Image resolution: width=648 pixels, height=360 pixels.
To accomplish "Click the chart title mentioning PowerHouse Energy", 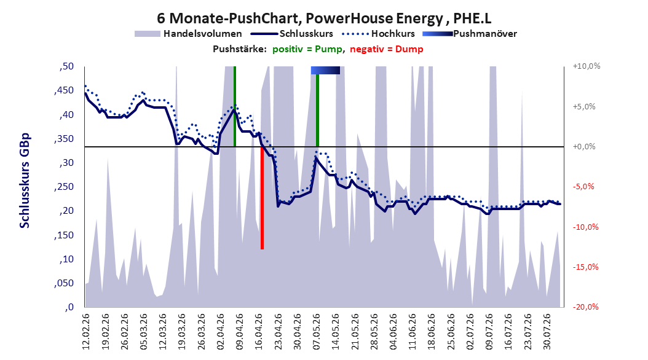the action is point(324,18).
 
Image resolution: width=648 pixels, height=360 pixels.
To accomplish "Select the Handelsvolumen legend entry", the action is point(189,34).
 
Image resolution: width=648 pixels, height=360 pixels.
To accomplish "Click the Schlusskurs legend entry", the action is point(292,34).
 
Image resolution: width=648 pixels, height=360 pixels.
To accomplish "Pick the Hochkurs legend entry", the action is point(378,34).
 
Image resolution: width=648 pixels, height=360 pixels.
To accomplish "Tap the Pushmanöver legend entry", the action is point(470,34).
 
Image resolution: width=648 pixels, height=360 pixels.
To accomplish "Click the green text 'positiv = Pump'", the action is point(307,49).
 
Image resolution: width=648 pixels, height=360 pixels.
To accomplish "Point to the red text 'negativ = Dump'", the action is point(387,49).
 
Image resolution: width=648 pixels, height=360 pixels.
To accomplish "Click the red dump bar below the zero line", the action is point(262,198).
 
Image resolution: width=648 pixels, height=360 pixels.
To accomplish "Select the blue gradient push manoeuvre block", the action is point(325,70).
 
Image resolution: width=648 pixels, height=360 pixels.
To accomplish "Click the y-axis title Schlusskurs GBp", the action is point(25,181).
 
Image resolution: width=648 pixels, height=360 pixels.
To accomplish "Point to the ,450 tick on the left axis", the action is point(64,90).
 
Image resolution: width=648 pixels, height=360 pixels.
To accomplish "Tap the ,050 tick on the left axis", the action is point(64,283).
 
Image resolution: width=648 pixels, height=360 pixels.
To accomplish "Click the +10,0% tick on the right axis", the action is point(587,66).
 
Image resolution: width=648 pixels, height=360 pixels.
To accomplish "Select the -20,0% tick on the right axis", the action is point(585,307).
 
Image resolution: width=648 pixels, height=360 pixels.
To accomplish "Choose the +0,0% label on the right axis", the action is point(584,147).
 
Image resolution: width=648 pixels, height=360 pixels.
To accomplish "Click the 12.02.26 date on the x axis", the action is point(86,332).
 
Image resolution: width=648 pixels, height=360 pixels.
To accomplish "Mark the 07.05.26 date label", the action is point(317,332).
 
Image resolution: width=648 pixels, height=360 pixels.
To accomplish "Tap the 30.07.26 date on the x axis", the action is point(547,332).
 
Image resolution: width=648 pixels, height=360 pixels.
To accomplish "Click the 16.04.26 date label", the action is point(259,332).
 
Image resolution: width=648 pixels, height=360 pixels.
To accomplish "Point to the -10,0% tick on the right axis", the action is point(585,227).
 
